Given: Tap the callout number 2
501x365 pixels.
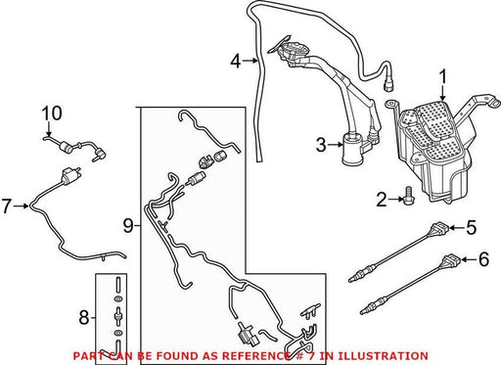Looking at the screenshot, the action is click(x=382, y=200).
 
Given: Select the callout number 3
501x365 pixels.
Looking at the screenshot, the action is click(x=321, y=145).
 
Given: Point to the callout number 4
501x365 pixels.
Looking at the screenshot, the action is click(x=236, y=61).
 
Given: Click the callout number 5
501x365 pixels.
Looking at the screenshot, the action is click(x=471, y=227).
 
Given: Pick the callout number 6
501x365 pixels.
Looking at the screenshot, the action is click(x=483, y=259).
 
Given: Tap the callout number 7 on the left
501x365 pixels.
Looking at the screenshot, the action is click(x=7, y=206).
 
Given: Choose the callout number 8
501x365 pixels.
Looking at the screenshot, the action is click(x=84, y=317).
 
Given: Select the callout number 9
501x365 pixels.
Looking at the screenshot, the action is click(x=128, y=225).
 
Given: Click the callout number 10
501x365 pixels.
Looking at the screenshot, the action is click(x=52, y=114).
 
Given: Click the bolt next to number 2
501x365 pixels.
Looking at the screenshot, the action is click(x=407, y=196).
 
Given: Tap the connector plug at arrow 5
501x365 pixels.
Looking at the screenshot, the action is click(x=439, y=228).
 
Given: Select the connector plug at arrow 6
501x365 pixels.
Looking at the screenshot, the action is click(x=452, y=259).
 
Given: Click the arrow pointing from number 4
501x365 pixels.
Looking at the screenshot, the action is click(x=250, y=61).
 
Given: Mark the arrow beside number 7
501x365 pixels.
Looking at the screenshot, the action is click(x=22, y=205).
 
